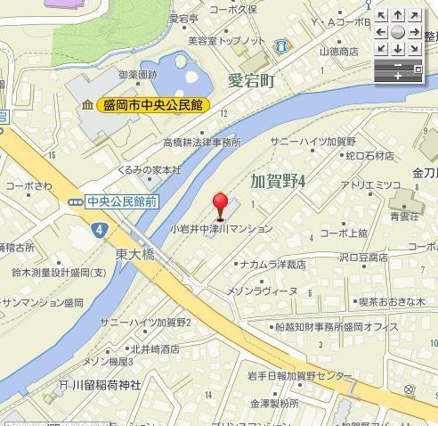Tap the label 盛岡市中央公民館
pyautogui.click(x=152, y=105)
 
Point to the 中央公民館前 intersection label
pyautogui.click(x=123, y=202)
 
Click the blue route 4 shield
pyautogui.click(x=96, y=229)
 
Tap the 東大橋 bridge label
pyautogui.click(x=134, y=254)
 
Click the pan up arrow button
pyautogui.click(x=398, y=16)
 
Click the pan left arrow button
pyautogui.click(x=382, y=32)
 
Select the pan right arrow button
pyautogui.click(x=414, y=32)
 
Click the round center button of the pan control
pyautogui.click(x=398, y=32)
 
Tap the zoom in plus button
pyautogui.click(x=398, y=77)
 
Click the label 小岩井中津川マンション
pyautogui.click(x=222, y=228)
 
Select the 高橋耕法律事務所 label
pyautogui.click(x=202, y=142)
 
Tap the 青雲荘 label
pyautogui.click(x=404, y=215)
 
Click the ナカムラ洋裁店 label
pyautogui.click(x=274, y=264)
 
